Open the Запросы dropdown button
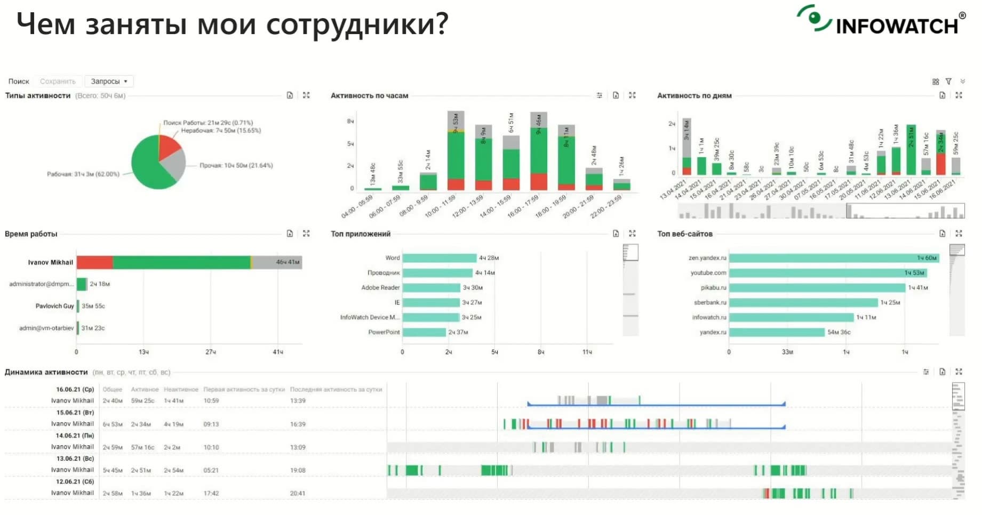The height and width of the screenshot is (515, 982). (109, 82)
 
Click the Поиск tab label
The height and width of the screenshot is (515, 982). (19, 82)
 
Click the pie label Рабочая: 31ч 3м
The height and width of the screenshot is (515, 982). (83, 174)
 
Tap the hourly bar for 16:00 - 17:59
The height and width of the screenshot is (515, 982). (539, 152)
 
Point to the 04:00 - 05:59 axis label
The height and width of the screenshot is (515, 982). (358, 206)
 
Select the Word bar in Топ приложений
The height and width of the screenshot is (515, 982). (439, 258)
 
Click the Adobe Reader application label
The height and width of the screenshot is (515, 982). (380, 288)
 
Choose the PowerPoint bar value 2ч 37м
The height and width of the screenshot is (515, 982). (458, 332)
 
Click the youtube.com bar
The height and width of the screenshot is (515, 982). (827, 273)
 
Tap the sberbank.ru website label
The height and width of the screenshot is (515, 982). (710, 303)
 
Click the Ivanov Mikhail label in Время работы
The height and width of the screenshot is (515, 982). (51, 262)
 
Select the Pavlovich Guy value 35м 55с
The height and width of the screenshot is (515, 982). (93, 306)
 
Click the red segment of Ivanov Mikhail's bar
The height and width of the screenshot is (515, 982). (94, 262)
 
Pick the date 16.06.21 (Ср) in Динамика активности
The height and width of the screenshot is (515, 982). (75, 389)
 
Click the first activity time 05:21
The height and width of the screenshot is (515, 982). (211, 470)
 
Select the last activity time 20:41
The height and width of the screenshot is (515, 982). (298, 493)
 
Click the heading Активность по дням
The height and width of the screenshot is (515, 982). (694, 96)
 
